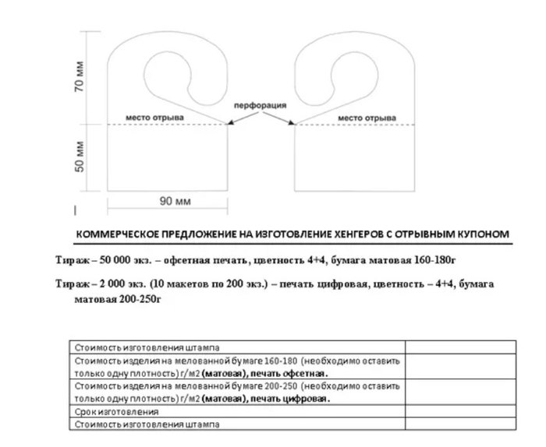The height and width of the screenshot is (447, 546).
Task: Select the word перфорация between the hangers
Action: [x=261, y=104]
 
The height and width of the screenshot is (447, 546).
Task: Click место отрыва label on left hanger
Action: [x=155, y=118]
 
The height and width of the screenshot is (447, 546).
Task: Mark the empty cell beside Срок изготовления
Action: [x=459, y=411]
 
